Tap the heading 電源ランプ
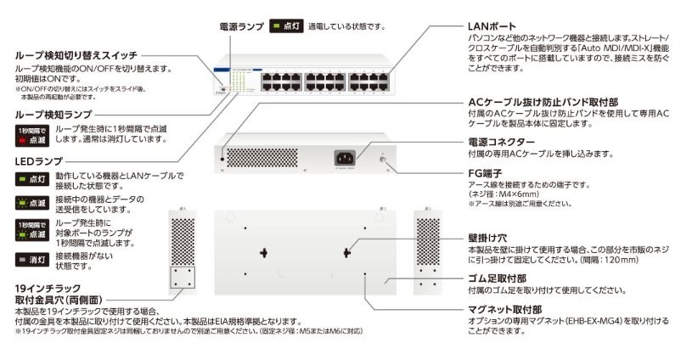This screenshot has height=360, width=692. [242, 26]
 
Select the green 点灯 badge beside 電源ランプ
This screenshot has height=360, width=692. [286, 26]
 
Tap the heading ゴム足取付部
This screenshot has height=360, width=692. [496, 278]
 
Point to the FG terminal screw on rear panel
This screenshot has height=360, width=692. [383, 158]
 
